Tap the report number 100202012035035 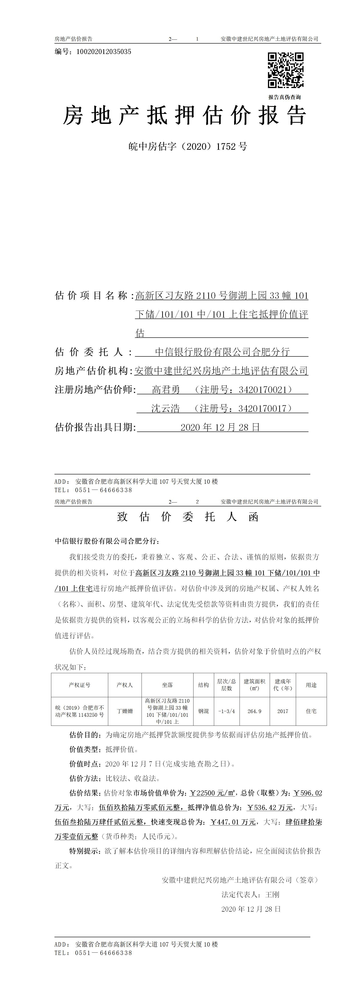click(x=104, y=52)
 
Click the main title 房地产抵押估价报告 click(x=185, y=115)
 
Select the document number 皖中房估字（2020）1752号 click(x=188, y=147)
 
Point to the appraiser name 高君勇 click(x=166, y=390)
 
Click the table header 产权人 click(x=125, y=685)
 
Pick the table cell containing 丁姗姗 click(x=125, y=711)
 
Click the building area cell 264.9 click(x=254, y=711)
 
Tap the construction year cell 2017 click(x=283, y=711)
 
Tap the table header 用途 click(x=311, y=685)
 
